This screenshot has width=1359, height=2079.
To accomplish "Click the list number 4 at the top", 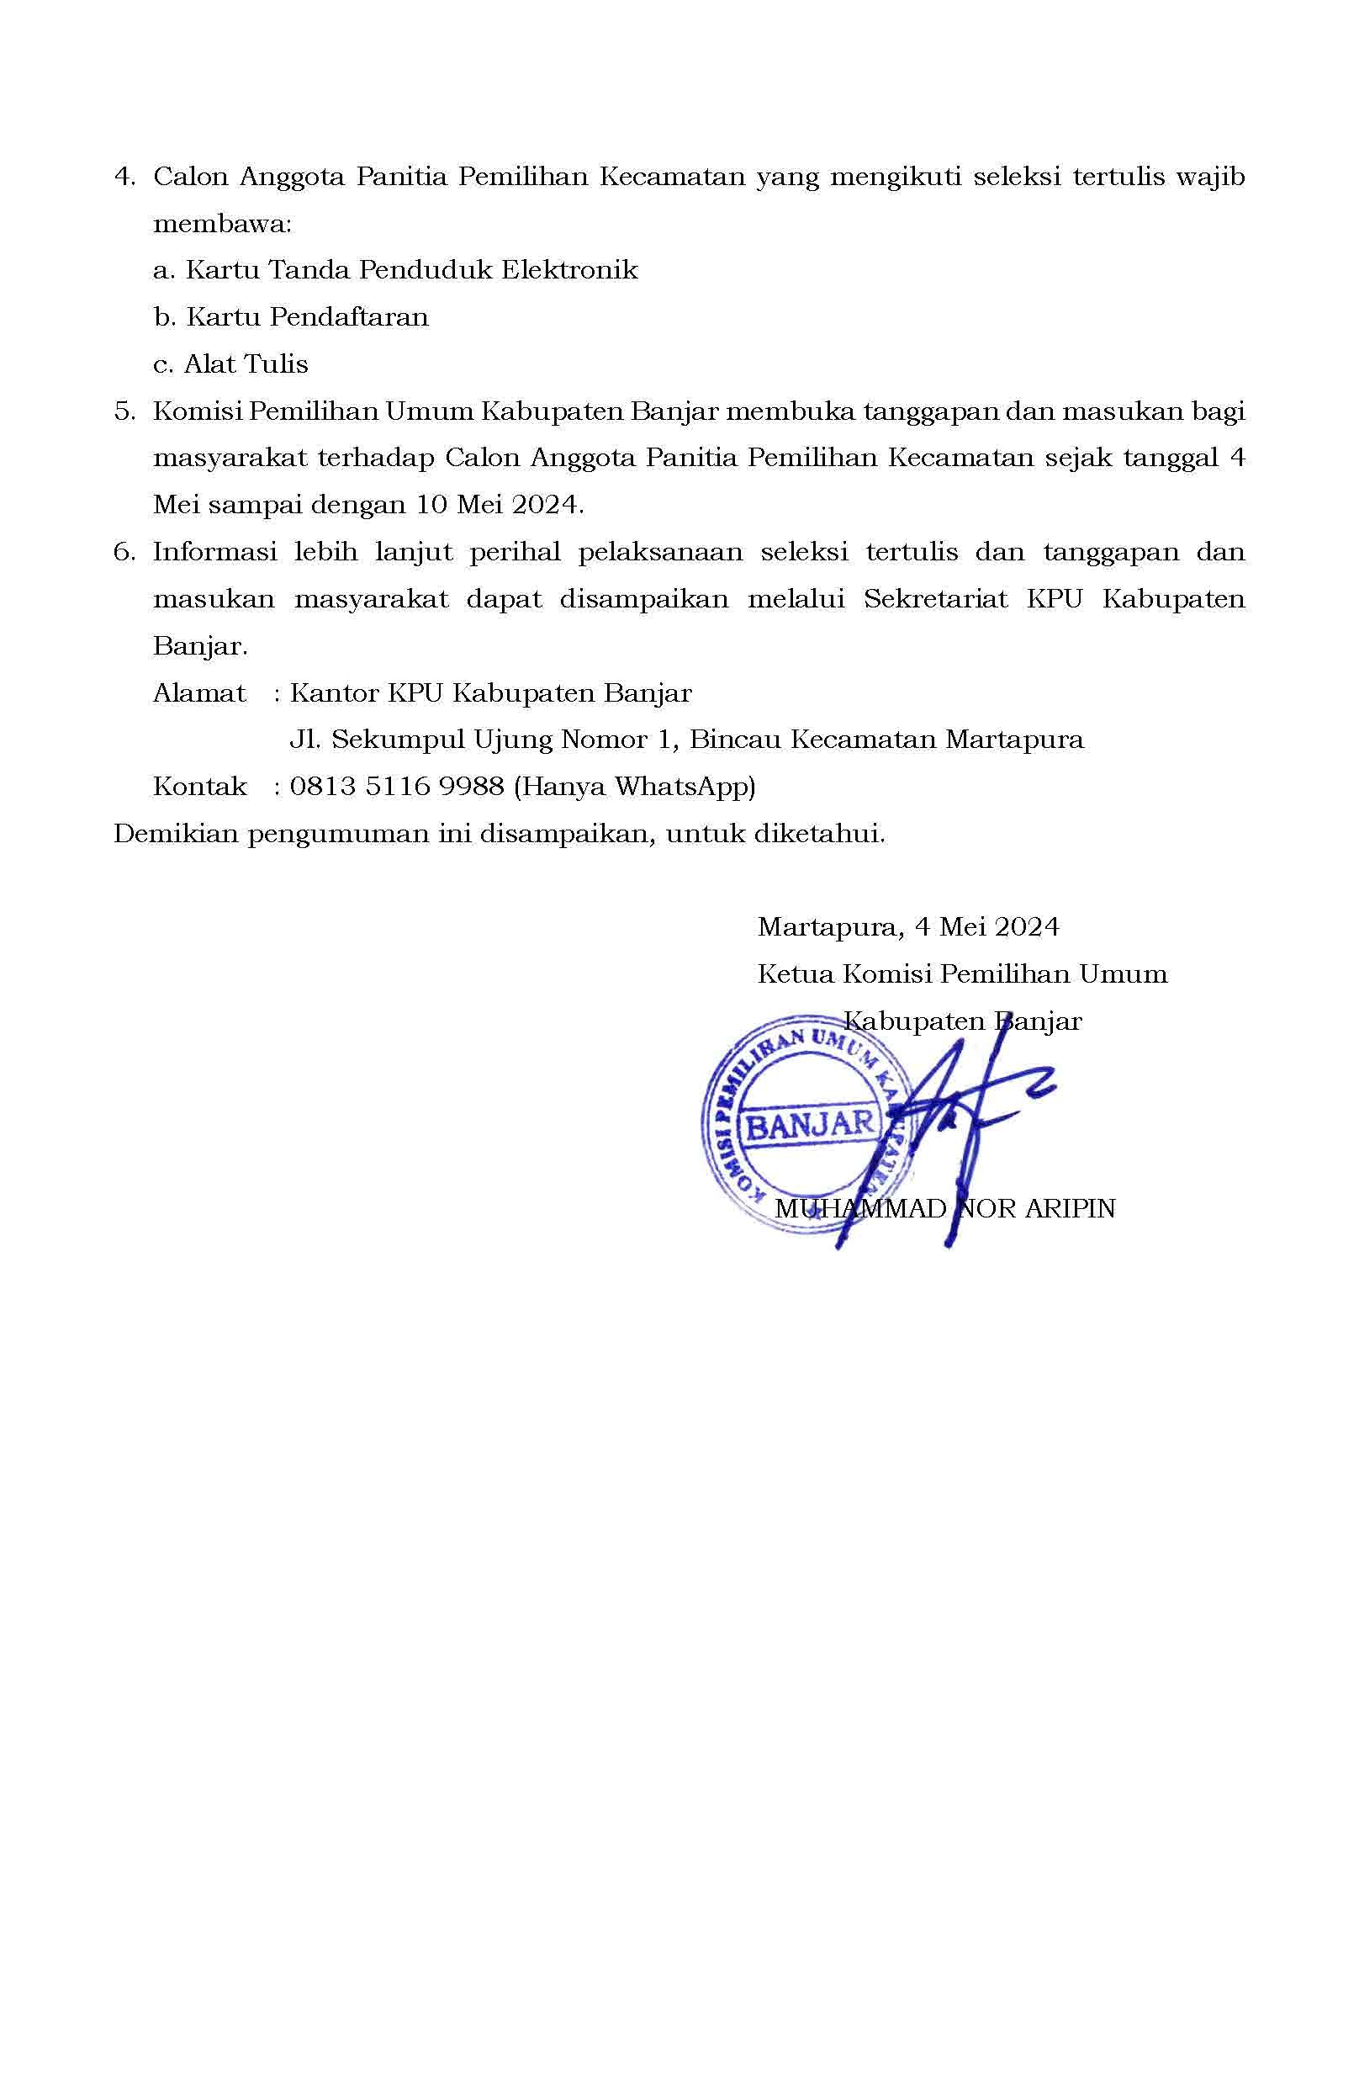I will [124, 178].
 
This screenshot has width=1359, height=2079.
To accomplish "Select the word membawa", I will [222, 225].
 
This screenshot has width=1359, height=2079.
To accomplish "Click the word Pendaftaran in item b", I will [349, 317].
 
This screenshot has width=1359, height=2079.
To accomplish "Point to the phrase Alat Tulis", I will [246, 364].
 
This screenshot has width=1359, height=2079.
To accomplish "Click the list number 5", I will [124, 411].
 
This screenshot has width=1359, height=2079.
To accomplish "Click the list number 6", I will [124, 552].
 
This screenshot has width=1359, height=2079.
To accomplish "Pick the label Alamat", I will [199, 693].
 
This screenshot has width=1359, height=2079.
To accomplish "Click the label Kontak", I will [199, 787].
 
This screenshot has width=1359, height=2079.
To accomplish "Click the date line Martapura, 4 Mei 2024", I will [908, 927].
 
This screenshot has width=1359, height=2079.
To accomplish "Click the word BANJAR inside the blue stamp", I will [811, 1125].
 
